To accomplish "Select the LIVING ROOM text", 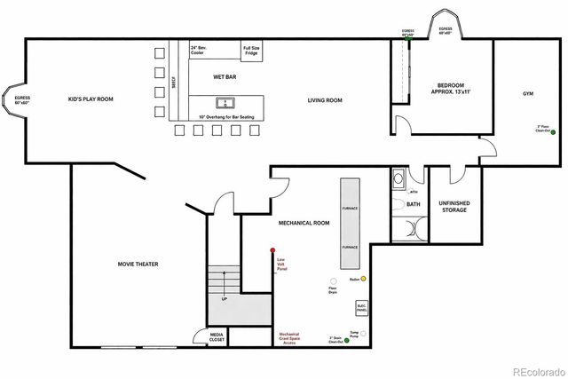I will pyautogui.click(x=325, y=100).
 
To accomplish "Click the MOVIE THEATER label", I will pyautogui.click(x=138, y=264).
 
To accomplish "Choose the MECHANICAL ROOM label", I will pyautogui.click(x=304, y=223).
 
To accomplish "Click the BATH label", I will pyautogui.click(x=413, y=204).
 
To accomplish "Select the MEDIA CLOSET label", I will pyautogui.click(x=217, y=337).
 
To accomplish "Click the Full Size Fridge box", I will pyautogui.click(x=251, y=52).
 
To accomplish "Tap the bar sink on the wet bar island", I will pyautogui.click(x=225, y=102).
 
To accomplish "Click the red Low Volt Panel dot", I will pyautogui.click(x=272, y=251).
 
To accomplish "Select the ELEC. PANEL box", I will pyautogui.click(x=361, y=308).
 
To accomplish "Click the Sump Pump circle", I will pyautogui.click(x=363, y=333).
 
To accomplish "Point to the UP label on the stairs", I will pyautogui.click(x=224, y=299).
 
